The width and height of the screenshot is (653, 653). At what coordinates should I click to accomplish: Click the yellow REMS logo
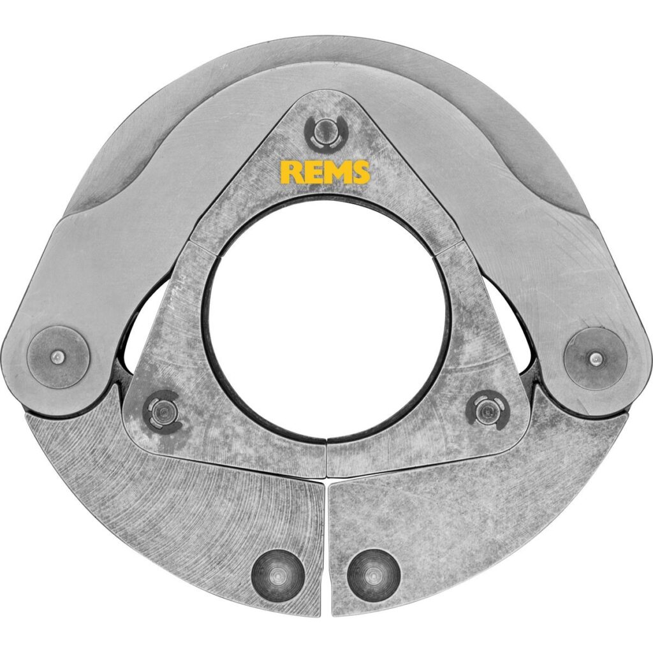[325, 172]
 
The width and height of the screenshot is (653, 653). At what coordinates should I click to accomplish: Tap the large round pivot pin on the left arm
[59, 356]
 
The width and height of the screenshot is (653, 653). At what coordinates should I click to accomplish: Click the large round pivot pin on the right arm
[596, 356]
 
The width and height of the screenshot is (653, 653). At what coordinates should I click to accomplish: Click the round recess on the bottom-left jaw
[277, 575]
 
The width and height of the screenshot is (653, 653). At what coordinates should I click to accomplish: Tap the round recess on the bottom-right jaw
[374, 575]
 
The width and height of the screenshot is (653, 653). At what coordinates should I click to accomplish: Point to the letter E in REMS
[312, 172]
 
